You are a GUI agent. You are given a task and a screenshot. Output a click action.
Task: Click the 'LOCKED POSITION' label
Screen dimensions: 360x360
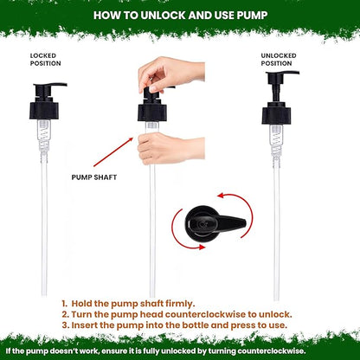click(45, 60)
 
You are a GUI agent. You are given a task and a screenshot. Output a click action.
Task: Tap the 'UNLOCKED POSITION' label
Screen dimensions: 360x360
click(279, 60)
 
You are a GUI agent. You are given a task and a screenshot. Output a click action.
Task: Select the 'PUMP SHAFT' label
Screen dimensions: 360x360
click(94, 177)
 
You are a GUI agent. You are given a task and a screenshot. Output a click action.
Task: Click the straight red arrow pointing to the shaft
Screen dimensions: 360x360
click(113, 152)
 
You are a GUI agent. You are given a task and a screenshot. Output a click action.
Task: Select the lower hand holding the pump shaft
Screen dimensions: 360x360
click(170, 149)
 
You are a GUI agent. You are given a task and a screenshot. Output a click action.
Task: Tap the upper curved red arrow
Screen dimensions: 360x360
click(245, 208)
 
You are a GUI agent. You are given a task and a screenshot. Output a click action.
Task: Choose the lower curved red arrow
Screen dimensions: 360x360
click(180, 236)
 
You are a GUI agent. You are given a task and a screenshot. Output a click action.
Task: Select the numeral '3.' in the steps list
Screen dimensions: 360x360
click(66, 325)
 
